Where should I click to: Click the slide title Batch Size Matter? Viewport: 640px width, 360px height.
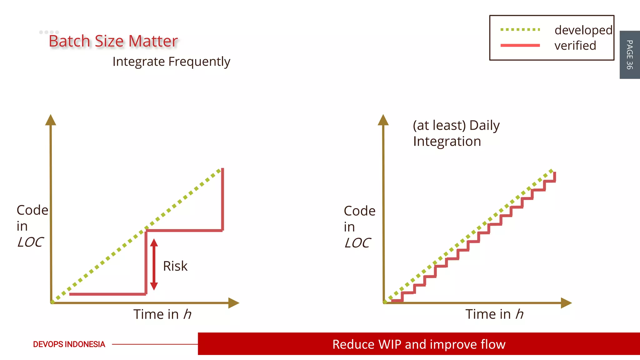[x=113, y=41]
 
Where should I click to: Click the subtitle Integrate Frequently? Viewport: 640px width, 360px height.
[x=171, y=62]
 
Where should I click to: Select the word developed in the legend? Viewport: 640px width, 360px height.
[x=583, y=30]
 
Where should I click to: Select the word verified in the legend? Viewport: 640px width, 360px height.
[x=575, y=46]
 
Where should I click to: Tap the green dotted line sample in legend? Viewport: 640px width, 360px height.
[x=520, y=30]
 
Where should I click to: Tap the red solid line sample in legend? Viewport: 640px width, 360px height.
[x=520, y=45]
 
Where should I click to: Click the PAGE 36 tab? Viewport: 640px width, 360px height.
[x=629, y=55]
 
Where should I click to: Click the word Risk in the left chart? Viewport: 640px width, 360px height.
[x=175, y=266]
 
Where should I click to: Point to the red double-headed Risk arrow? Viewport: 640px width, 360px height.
[x=154, y=264]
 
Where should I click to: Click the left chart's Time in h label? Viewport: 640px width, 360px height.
[x=162, y=314]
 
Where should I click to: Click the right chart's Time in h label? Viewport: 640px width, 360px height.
[x=494, y=314]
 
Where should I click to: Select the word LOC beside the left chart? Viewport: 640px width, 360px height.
[x=30, y=242]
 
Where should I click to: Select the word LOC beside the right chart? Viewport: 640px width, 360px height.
[x=357, y=243]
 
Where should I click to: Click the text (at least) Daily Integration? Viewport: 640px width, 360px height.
[x=456, y=133]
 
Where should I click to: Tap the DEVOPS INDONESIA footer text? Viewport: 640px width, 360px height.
[x=69, y=344]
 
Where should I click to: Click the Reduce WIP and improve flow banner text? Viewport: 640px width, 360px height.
[x=419, y=344]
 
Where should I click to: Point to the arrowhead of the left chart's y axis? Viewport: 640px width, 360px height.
[x=51, y=120]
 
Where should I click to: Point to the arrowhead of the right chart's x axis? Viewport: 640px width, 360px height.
[x=566, y=303]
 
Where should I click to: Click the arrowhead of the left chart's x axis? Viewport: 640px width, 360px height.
[x=233, y=303]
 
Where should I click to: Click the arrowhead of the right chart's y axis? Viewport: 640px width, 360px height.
[x=383, y=120]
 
